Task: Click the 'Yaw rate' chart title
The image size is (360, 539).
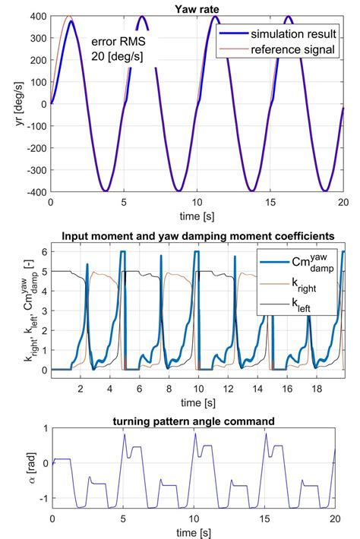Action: (x=196, y=7)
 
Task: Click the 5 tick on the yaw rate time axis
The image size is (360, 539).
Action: (x=123, y=202)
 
